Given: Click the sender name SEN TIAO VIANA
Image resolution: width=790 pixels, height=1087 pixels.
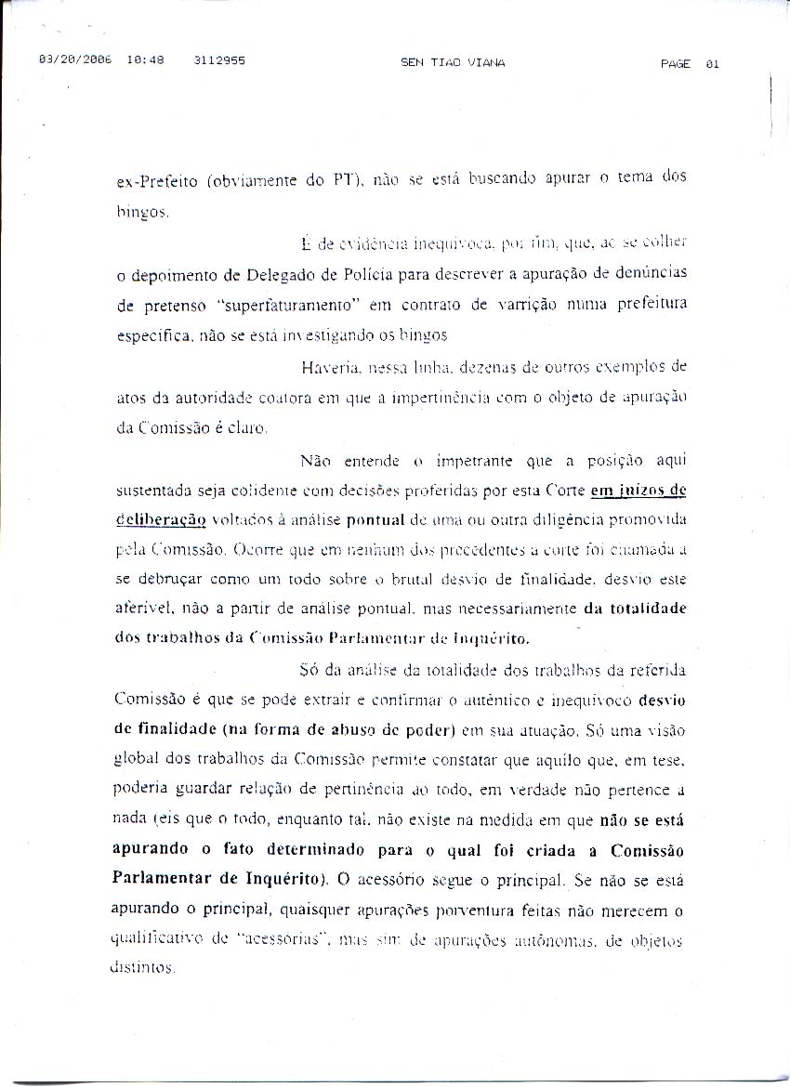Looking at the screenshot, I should click(453, 63).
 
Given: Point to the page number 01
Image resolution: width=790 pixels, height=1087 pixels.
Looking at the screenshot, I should click(713, 64).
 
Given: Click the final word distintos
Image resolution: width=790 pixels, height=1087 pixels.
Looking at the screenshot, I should click(144, 968).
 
